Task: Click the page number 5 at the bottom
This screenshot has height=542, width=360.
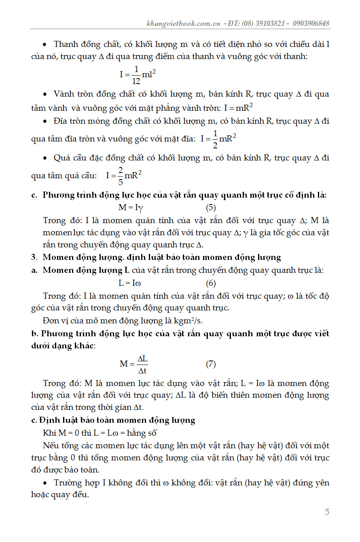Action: click(x=327, y=512)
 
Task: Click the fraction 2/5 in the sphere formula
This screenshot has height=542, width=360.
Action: click(x=120, y=176)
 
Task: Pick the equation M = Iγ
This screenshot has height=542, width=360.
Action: click(x=131, y=208)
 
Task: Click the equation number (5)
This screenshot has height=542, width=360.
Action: click(x=211, y=208)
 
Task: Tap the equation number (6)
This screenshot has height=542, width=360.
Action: click(x=211, y=283)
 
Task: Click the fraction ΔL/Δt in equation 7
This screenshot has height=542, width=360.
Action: click(x=142, y=364)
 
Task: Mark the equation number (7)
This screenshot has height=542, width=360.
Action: click(x=211, y=364)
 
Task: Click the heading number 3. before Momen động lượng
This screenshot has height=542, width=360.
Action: click(x=34, y=257)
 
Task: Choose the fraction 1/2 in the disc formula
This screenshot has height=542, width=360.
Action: click(x=215, y=139)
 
